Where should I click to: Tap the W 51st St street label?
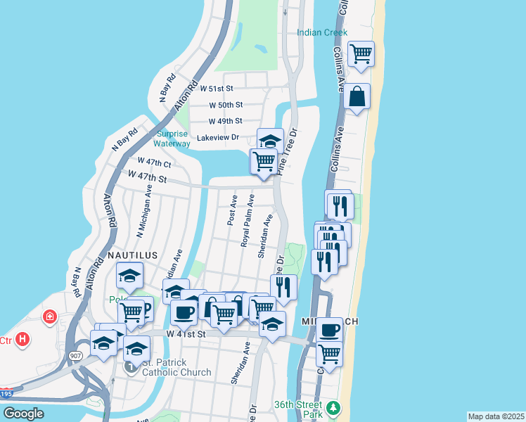216,89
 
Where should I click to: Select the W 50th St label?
226,105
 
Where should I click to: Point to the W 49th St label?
226,121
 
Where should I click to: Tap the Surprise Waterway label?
173,139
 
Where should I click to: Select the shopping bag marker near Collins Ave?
357,96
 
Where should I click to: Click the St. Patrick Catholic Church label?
177,368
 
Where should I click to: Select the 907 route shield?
75,356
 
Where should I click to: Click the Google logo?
23,414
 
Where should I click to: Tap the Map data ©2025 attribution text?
496,416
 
